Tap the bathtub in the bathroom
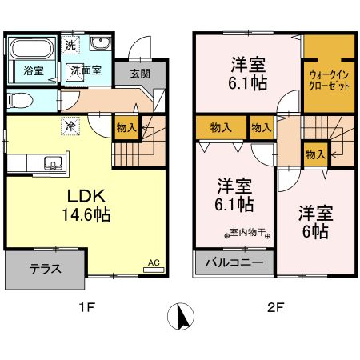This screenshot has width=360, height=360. [x=32, y=49]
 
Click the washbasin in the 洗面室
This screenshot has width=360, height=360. [x=100, y=45]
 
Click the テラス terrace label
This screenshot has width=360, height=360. [x=46, y=270]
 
